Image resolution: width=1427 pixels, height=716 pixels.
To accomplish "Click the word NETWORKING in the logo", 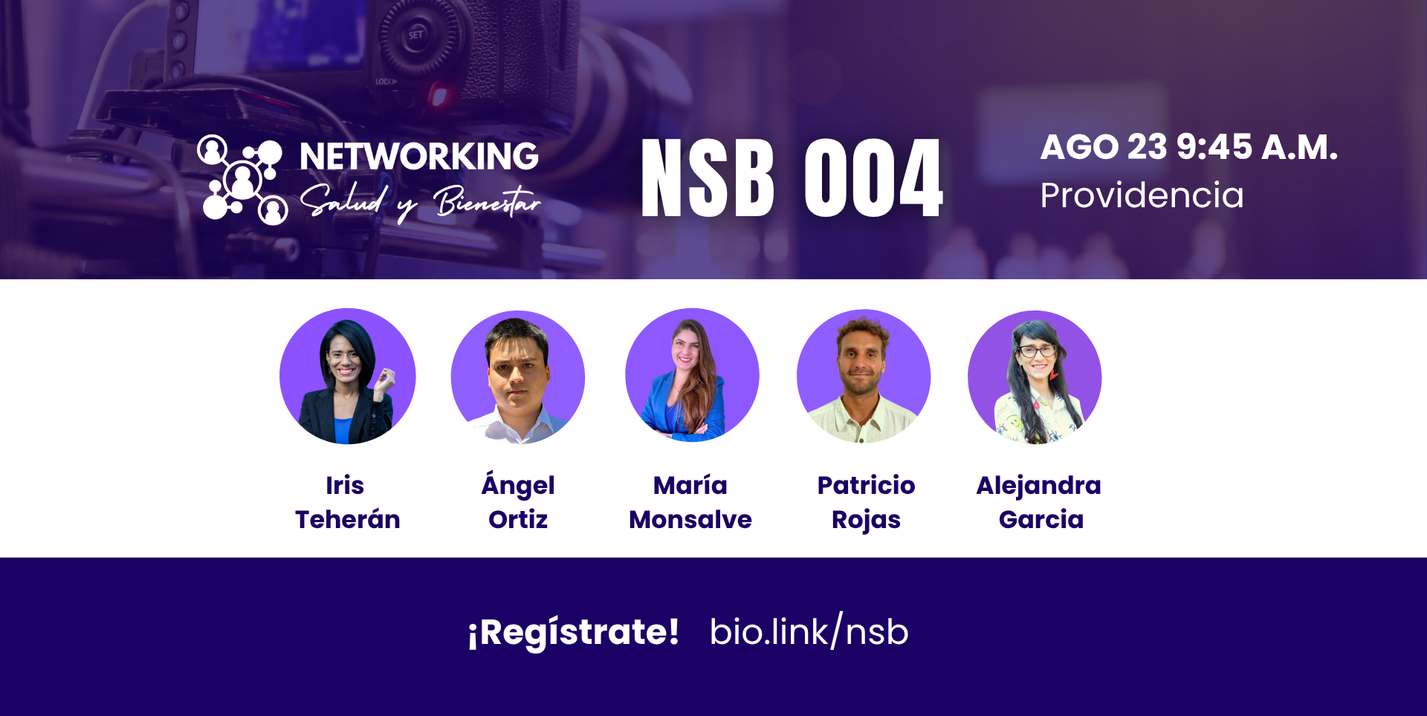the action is pyautogui.click(x=419, y=157).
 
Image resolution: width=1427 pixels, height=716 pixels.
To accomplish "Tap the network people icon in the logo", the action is pyautogui.click(x=242, y=179).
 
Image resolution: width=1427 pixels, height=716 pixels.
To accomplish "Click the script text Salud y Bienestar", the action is pyautogui.click(x=420, y=202).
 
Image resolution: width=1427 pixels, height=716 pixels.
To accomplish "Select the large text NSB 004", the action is pyautogui.click(x=792, y=178).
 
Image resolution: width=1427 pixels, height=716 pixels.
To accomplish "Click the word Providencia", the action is pyautogui.click(x=1142, y=195).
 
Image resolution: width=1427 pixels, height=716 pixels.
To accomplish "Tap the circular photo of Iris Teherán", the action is pyautogui.click(x=347, y=377).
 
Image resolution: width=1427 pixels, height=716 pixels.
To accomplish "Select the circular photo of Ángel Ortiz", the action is pyautogui.click(x=518, y=377).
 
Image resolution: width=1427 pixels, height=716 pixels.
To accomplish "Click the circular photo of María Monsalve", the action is pyautogui.click(x=692, y=376).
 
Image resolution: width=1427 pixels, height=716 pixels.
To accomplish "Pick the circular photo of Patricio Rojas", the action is pyautogui.click(x=864, y=377).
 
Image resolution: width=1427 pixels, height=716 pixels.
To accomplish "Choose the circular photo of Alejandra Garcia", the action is pyautogui.click(x=1035, y=377).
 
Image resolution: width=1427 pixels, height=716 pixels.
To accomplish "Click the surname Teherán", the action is pyautogui.click(x=347, y=519).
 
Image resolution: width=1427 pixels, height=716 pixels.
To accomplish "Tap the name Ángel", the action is pyautogui.click(x=518, y=484).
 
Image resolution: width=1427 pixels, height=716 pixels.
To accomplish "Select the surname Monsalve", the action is pyautogui.click(x=690, y=519).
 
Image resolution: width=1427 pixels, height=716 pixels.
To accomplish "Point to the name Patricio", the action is pyautogui.click(x=866, y=485).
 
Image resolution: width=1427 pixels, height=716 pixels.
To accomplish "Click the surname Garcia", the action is pyautogui.click(x=1041, y=519).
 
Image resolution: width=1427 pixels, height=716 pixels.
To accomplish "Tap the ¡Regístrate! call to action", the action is pyautogui.click(x=573, y=633).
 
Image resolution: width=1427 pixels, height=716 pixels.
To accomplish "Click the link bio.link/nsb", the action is pyautogui.click(x=809, y=631).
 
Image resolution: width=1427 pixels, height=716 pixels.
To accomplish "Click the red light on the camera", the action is pyautogui.click(x=439, y=96).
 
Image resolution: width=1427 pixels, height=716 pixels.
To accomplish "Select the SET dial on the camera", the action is pyautogui.click(x=416, y=35).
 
